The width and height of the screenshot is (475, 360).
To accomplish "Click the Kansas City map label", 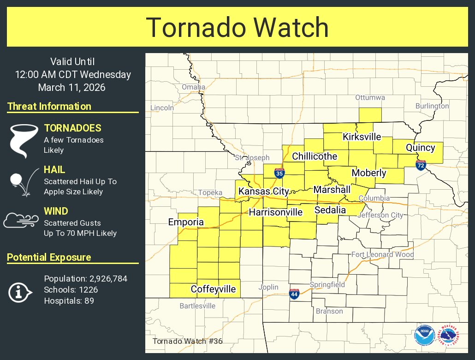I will tap(263, 192).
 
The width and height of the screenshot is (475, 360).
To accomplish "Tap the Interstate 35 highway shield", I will tap(279, 173).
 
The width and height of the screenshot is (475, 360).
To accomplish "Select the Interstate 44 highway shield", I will tap(294, 294).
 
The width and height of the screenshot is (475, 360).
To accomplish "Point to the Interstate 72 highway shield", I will tap(420, 165).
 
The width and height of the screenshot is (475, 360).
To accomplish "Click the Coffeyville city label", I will tap(213, 289).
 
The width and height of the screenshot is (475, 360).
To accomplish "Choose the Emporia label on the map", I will tap(186, 222).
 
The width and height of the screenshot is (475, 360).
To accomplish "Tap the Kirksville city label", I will tap(362, 137).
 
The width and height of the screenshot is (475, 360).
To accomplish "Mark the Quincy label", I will tap(420, 148).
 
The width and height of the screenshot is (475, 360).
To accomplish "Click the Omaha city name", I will tap(193, 87).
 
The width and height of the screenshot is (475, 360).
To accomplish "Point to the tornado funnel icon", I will tap(22, 139).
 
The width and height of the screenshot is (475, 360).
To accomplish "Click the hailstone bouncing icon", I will tap(21, 181).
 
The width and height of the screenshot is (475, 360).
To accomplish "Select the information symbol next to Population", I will tap(20, 292).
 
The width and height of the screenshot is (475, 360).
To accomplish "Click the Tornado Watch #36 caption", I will tap(187, 342).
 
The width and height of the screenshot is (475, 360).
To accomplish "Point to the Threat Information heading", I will tap(49, 106).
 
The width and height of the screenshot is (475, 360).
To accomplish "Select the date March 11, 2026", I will tap(72, 87).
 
